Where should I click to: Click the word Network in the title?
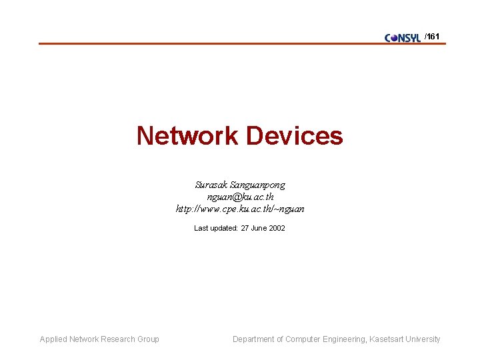(187, 136)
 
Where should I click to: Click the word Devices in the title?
(294, 136)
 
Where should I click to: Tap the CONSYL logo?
(403, 38)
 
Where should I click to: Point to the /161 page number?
(432, 37)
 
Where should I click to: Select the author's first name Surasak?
(211, 185)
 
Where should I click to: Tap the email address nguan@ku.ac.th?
(240, 197)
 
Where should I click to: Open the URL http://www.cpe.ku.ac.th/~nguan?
(240, 209)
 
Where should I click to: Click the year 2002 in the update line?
(277, 228)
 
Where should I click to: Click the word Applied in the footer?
(54, 339)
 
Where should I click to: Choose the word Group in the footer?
(148, 339)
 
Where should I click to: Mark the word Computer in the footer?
(303, 339)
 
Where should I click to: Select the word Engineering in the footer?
(344, 339)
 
